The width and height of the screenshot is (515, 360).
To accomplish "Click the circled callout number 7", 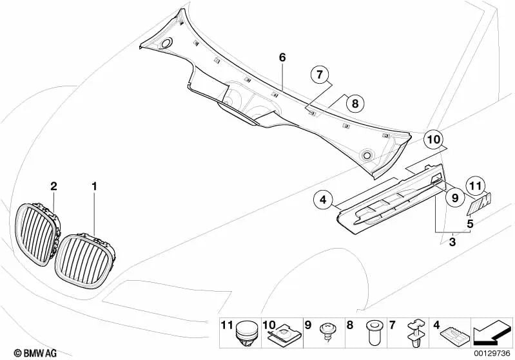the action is (x=320, y=75).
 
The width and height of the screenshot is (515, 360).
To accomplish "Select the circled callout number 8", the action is (x=355, y=104).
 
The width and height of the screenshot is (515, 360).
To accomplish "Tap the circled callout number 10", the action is (x=433, y=140).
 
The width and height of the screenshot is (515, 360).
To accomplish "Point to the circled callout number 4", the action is (x=323, y=199).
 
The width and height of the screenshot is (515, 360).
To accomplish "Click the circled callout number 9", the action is (x=455, y=198).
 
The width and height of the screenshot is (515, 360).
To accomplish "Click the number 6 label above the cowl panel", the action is (x=282, y=58).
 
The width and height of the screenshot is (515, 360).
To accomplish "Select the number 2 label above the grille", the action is (x=53, y=186).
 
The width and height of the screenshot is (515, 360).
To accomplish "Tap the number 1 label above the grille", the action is (x=94, y=186).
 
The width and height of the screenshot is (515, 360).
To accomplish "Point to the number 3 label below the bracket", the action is (x=452, y=243).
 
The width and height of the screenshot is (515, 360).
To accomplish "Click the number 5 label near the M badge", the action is (x=470, y=224).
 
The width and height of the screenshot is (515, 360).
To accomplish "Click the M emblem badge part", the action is (x=479, y=204).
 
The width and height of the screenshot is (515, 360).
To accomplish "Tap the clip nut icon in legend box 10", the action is (x=284, y=334).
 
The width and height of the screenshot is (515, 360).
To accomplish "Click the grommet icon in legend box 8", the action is (x=374, y=333).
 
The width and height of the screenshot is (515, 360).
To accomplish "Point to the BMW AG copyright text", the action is (x=35, y=353).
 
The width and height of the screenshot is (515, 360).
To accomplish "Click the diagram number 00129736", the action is (x=492, y=354).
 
